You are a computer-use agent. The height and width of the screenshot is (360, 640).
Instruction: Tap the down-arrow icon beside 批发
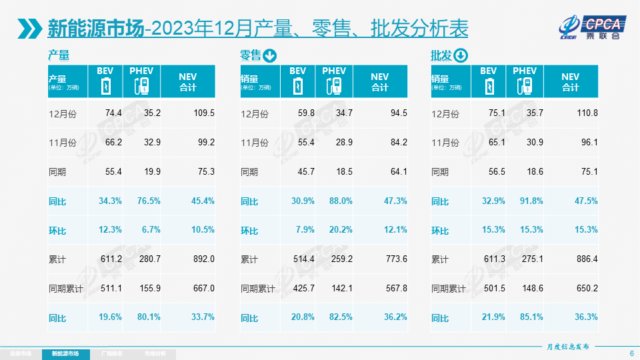click(461, 56)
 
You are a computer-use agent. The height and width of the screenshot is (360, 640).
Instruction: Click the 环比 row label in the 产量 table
click(57, 231)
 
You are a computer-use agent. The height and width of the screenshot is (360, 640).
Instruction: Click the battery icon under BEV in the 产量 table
click(105, 87)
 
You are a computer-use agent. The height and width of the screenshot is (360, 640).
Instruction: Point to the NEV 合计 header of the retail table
click(379, 81)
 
